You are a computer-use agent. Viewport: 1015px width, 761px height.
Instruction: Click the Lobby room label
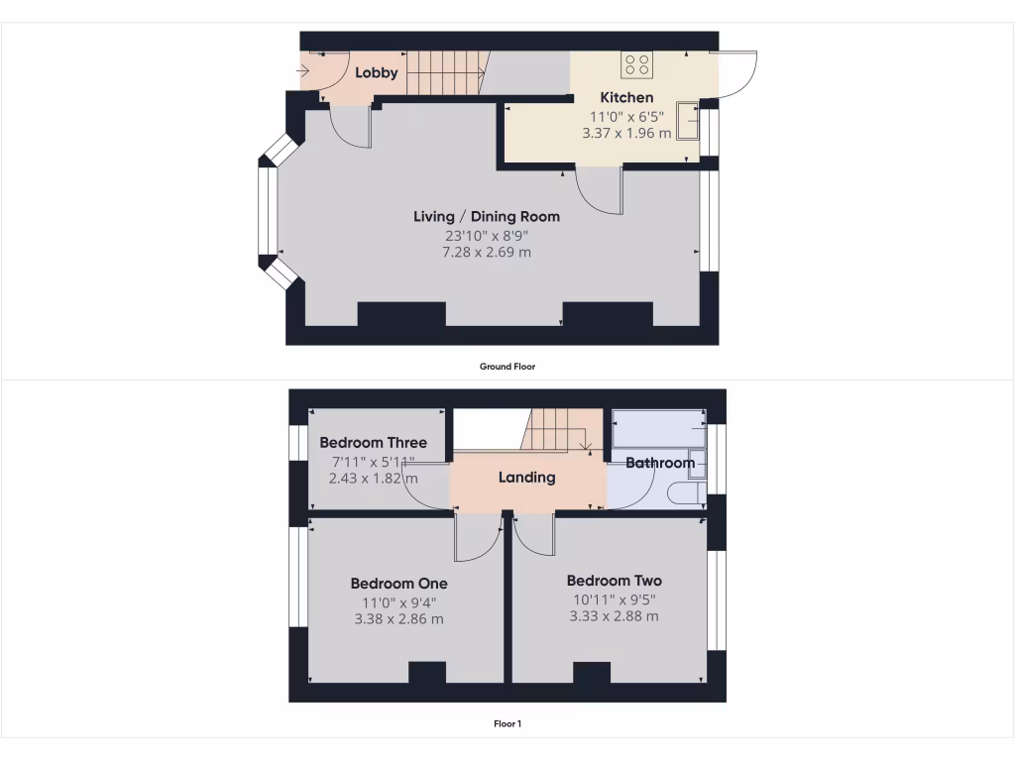377,72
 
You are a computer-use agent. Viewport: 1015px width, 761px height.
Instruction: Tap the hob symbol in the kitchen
636,65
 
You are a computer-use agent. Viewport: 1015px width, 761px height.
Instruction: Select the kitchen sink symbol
688,121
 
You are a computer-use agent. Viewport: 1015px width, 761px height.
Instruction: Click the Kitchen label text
627,97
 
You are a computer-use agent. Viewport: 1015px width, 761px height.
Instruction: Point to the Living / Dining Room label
487,216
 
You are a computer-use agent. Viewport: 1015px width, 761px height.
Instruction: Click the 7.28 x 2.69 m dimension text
487,253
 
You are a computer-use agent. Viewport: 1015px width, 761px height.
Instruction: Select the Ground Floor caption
507,366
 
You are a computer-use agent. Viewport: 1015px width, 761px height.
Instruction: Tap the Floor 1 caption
507,723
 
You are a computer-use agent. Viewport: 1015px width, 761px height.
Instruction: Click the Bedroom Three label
374,443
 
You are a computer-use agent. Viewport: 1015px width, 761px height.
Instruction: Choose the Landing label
526,477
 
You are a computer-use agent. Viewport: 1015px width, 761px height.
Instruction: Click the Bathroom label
660,463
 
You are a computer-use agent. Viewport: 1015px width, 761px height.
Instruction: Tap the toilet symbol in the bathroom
685,492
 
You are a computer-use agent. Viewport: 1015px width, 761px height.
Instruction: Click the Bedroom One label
398,584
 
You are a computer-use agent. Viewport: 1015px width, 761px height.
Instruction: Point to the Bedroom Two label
614,581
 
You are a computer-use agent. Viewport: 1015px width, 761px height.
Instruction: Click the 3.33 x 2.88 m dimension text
614,616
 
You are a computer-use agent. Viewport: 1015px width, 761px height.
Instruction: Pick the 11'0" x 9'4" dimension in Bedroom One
398,601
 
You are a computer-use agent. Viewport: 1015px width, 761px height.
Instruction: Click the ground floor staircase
444,73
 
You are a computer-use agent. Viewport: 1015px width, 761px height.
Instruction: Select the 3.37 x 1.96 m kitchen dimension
626,133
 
